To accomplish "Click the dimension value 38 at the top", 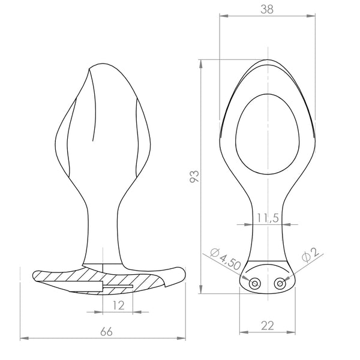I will pos(267,9).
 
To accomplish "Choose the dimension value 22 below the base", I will pos(267,325).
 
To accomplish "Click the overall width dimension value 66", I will pos(106,331).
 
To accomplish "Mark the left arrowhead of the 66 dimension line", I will pos(23,337).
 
